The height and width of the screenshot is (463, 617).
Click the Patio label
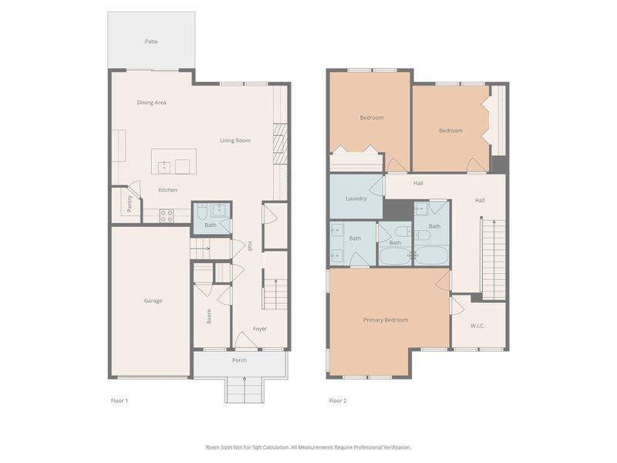151,41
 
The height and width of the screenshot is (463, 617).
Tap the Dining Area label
151,103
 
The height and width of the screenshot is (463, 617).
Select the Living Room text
235,140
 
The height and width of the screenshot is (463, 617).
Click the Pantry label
130,204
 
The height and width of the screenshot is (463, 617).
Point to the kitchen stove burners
167,216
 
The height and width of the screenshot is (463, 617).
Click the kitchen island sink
164,166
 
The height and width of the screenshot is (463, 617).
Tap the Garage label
153,301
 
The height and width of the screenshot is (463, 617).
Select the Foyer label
260,329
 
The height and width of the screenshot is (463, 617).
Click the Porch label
239,360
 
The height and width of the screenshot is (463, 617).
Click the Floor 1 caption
120,400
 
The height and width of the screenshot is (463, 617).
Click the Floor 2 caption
337,400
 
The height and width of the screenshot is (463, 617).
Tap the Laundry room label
356,198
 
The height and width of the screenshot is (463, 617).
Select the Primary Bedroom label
385,319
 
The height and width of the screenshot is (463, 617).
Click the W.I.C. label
478,326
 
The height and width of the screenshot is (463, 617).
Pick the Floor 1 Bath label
210,225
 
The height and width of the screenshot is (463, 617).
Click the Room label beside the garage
208,316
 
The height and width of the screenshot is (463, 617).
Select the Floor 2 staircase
493,259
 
